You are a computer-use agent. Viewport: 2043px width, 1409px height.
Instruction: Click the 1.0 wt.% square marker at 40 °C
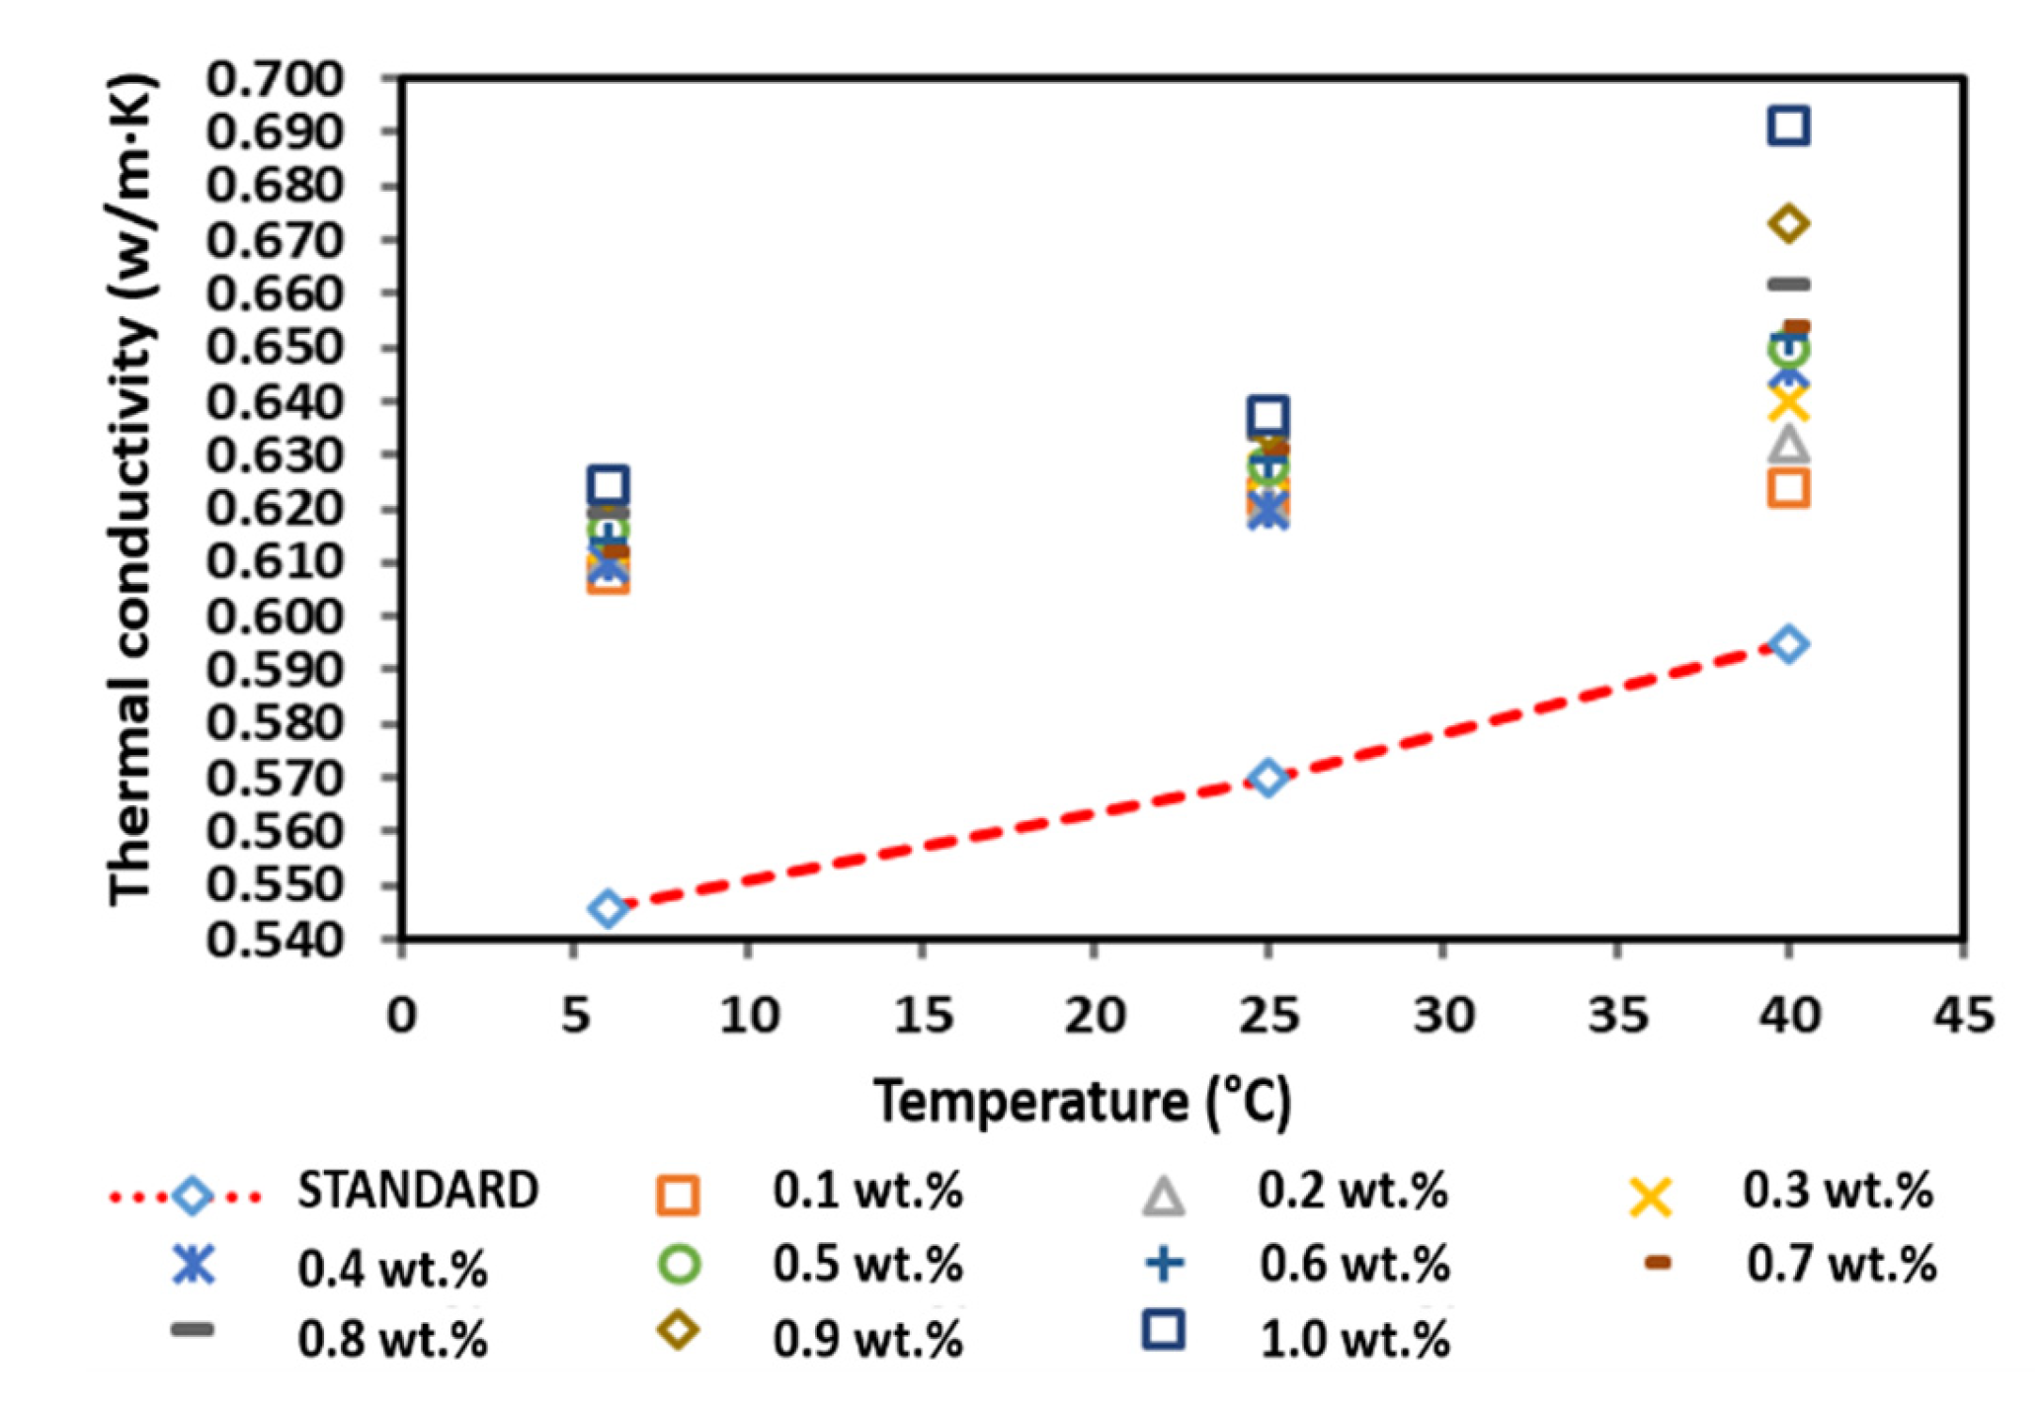(x=1789, y=126)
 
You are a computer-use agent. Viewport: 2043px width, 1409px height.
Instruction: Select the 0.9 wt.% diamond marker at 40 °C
(x=1789, y=224)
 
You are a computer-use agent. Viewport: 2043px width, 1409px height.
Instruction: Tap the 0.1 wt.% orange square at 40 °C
(x=1789, y=488)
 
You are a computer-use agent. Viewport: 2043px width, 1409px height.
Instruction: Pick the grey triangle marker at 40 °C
(x=1789, y=446)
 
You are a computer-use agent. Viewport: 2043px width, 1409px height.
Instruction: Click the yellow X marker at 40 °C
(x=1789, y=403)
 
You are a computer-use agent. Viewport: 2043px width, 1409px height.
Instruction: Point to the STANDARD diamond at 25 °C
(x=1268, y=778)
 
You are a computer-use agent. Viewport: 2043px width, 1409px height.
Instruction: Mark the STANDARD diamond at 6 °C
(x=609, y=908)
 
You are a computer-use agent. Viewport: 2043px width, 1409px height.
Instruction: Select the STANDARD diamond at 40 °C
(x=1789, y=644)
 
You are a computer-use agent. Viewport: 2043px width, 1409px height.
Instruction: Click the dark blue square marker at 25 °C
(x=1268, y=416)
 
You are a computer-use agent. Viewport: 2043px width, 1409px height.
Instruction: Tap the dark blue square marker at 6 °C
(x=609, y=485)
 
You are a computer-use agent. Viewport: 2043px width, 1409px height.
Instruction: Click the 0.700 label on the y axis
(x=275, y=79)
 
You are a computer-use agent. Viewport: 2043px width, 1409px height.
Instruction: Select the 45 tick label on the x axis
(x=1963, y=1015)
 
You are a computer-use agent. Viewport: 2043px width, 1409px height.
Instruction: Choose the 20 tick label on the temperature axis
(x=1095, y=1015)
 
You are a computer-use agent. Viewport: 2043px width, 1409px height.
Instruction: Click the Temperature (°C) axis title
(x=1083, y=1101)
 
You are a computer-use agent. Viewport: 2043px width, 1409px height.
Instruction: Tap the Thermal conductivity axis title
(x=130, y=489)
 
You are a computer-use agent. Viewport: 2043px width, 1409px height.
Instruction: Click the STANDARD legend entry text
(x=418, y=1191)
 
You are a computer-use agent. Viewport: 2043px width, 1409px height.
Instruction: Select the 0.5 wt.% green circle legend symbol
(x=679, y=1265)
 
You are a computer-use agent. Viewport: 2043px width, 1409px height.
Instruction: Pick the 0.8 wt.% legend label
(x=392, y=1340)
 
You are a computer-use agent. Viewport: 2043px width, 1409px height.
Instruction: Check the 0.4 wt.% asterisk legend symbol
(x=194, y=1265)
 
